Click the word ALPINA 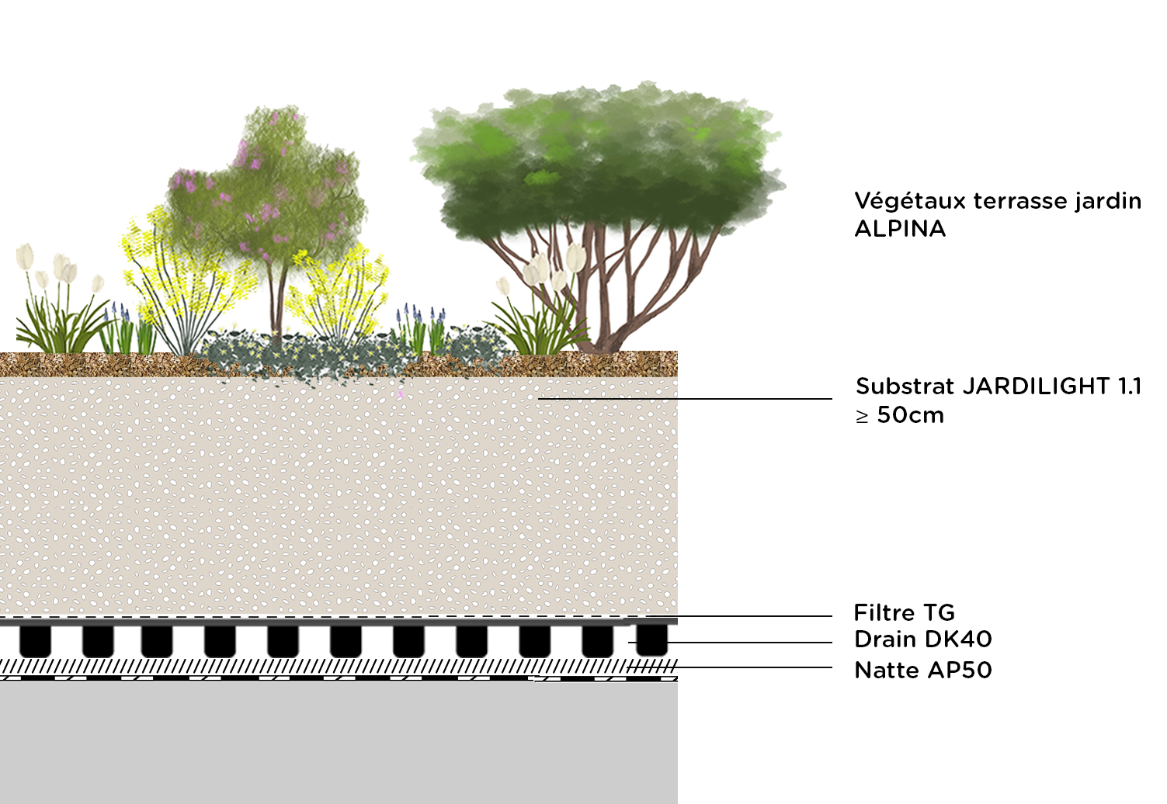(x=900, y=229)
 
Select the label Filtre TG (x=904, y=613)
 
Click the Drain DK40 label (x=922, y=639)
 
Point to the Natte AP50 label (x=922, y=671)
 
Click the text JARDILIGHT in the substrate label (x=1036, y=386)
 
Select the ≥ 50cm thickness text (x=900, y=415)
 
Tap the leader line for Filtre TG (x=745, y=616)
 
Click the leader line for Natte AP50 (x=745, y=667)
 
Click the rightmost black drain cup (x=651, y=640)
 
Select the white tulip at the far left (x=26, y=256)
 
